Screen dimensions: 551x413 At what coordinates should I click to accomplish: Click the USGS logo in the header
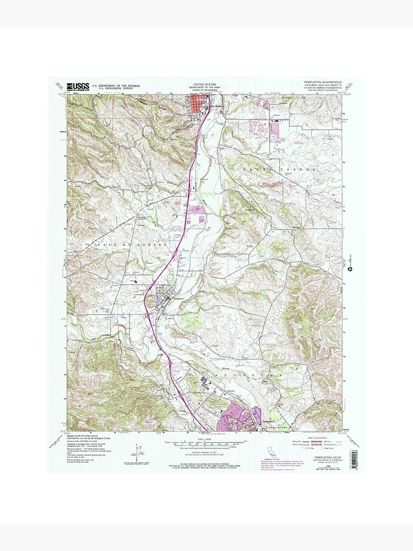pos(78,86)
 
